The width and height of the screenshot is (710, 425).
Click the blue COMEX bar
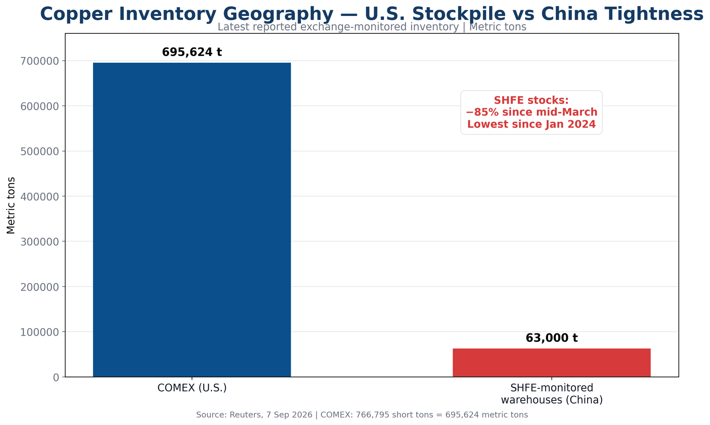192,220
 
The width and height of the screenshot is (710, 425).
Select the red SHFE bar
552,363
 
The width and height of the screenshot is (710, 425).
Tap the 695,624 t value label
192,52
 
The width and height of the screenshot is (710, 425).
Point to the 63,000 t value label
552,338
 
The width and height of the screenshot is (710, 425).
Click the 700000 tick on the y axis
40,61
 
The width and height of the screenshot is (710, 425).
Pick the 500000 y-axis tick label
40,152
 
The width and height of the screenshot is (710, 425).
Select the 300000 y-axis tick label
40,242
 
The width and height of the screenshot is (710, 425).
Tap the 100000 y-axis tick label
40,332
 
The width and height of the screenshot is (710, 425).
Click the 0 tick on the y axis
56,377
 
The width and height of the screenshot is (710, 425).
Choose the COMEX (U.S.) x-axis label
192,388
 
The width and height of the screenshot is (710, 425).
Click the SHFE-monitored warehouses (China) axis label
552,394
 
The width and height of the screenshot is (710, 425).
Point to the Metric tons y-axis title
11,205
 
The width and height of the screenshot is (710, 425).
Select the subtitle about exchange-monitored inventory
372,27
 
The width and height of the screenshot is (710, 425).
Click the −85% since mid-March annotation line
532,112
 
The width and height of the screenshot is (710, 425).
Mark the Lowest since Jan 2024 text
532,124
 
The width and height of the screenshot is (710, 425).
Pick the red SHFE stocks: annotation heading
532,100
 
